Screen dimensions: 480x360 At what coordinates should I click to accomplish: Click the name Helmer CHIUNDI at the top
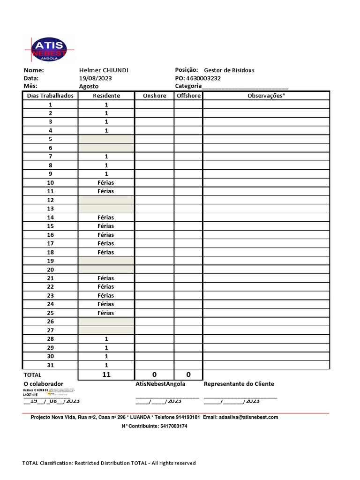tap(104, 70)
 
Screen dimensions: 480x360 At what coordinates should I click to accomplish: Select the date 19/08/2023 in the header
tap(96, 78)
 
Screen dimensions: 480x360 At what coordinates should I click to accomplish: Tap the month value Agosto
tap(89, 86)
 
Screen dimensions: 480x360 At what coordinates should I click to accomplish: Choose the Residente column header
tap(106, 96)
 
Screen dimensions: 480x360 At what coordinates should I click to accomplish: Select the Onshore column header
tap(154, 96)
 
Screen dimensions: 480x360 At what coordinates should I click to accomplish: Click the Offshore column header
tap(188, 96)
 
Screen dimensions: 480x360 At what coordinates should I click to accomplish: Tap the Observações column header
tap(266, 96)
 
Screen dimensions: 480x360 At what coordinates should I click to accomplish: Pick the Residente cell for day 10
tap(106, 183)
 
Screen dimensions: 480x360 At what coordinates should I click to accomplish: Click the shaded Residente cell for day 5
tap(106, 139)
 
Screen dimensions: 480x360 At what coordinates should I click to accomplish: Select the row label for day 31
tap(51, 365)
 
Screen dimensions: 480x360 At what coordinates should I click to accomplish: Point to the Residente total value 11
tap(106, 375)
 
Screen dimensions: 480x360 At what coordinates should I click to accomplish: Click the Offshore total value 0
tap(188, 375)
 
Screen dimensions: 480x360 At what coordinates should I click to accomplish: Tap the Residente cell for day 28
tap(106, 339)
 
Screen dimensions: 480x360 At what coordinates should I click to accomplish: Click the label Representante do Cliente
tap(239, 384)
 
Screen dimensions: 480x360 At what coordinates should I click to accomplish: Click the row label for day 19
tap(51, 261)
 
